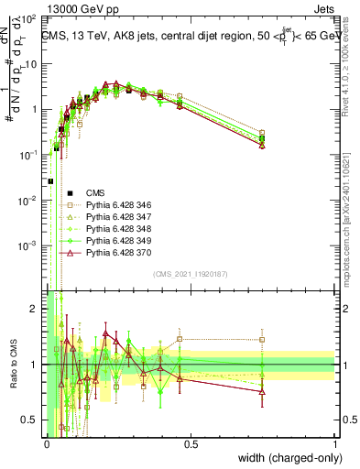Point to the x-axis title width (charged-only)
(286, 457)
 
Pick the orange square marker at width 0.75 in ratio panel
(263, 340)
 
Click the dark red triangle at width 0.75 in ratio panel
(263, 391)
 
